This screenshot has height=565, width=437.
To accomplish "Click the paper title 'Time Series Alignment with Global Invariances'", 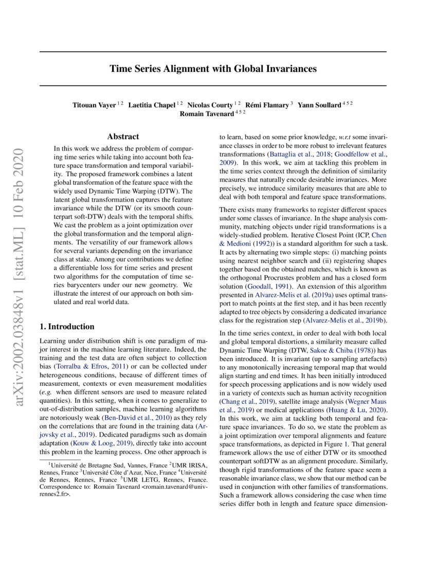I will click(213, 68).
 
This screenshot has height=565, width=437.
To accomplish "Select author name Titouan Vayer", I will click(94, 105).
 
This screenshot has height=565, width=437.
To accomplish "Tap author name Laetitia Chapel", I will click(152, 105).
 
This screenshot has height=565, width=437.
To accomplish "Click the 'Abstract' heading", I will click(123, 137).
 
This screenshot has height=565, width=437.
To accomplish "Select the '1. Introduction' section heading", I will click(67, 327).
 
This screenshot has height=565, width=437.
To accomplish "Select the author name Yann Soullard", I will click(319, 105).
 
